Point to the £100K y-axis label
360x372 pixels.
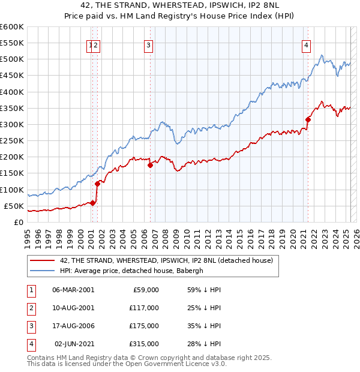12,190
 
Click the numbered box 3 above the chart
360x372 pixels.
148,44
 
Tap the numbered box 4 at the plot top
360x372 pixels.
306,44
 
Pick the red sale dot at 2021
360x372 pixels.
308,119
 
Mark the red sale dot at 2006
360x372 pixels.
151,165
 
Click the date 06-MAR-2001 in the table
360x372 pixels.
73,290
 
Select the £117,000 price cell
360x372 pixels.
144,308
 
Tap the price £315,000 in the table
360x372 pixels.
144,344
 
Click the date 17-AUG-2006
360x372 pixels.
73,326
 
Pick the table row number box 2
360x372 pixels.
29,308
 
